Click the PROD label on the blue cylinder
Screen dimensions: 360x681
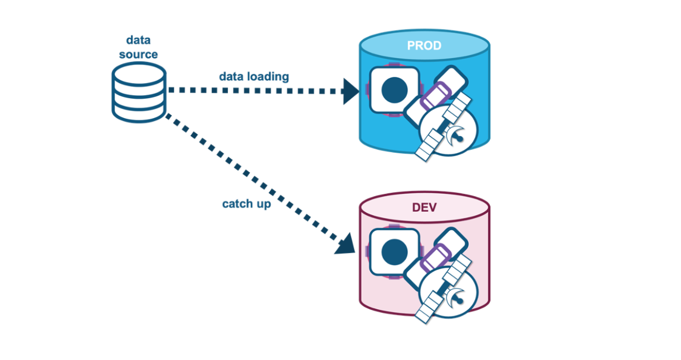pos(424,45)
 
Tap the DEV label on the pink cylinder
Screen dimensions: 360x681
pos(424,207)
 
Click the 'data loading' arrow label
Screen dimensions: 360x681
pos(254,76)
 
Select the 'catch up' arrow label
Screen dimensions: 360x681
pos(246,203)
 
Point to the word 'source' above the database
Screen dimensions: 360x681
pos(138,55)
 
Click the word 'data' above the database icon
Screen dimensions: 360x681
pos(138,40)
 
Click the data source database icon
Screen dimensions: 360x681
pos(139,91)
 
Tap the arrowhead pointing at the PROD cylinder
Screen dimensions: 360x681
pos(351,91)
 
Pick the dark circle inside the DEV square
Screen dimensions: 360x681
pos(395,252)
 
